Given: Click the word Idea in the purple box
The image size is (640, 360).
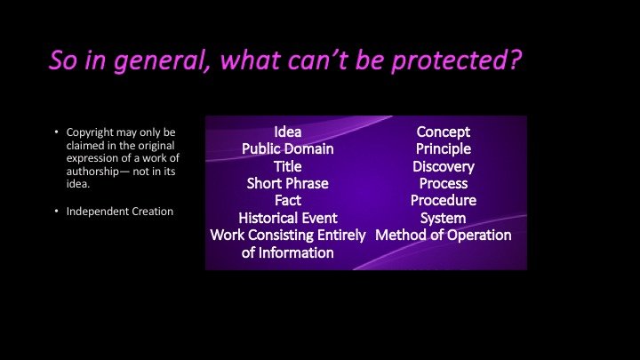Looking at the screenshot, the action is click(x=288, y=132).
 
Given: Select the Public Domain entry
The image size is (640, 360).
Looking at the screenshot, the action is click(x=288, y=149).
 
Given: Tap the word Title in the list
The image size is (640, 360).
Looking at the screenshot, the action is click(x=288, y=166).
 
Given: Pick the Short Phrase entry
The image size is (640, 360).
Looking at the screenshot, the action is click(x=288, y=184).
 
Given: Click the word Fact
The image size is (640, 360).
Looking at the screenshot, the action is click(x=288, y=200).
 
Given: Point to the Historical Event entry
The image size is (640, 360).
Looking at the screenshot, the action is click(x=288, y=218).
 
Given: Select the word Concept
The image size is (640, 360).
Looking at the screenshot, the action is click(x=444, y=132).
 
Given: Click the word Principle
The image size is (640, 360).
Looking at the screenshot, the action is click(x=444, y=149).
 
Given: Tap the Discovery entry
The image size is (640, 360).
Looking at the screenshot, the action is click(x=444, y=166).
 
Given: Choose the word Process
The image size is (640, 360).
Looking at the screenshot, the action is click(x=444, y=184).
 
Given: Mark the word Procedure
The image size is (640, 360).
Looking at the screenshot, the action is click(x=444, y=200).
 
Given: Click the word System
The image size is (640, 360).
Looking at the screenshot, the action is click(x=444, y=219).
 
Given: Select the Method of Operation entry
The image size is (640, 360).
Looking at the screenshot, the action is click(x=444, y=235).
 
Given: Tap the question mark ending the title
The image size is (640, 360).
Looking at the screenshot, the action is click(x=516, y=60).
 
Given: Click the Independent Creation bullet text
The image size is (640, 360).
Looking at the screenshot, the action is click(x=120, y=212).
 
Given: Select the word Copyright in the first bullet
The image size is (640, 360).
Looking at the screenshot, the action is click(x=90, y=132).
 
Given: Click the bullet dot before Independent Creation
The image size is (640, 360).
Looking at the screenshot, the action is click(x=57, y=211).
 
